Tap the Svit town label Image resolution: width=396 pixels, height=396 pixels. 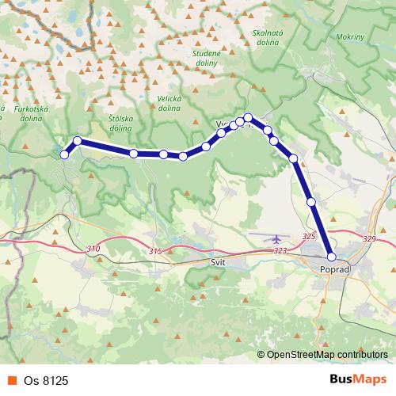tap(219, 261)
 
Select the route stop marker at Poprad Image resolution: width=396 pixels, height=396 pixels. tap(332, 257)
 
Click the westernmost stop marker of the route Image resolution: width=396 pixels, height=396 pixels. tap(65, 154)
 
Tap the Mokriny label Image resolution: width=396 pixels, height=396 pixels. tap(350, 36)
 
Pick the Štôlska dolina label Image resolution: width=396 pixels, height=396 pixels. tap(120, 122)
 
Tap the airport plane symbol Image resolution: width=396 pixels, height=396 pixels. tap(276, 238)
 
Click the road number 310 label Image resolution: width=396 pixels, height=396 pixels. tap(93, 249)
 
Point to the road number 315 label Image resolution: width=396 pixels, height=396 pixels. tap(154, 251)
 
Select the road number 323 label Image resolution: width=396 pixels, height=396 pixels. tap(280, 250)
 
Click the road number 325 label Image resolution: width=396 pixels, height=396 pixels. tap(309, 237)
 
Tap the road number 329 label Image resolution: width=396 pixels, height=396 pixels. tap(368, 238)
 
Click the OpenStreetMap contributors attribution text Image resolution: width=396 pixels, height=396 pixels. tap(327, 354)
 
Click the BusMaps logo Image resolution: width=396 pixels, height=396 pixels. tap(358, 381)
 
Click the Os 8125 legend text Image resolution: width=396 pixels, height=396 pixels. tap(46, 381)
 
